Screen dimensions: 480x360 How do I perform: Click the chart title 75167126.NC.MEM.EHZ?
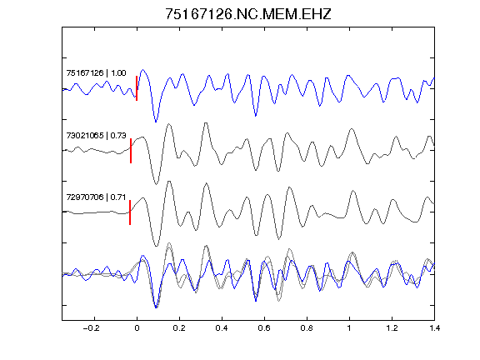248,14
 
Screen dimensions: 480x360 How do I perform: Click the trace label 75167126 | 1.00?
96,72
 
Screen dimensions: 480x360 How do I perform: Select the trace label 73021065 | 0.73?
96,135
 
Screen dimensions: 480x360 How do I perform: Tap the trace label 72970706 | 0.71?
96,197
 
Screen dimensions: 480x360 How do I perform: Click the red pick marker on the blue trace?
137,88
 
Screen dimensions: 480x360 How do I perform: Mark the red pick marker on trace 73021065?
131,151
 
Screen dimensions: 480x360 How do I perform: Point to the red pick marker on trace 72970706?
130,212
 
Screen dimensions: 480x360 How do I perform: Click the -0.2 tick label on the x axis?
91,328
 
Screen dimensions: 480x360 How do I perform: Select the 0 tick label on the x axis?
137,328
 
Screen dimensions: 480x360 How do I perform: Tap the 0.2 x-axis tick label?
179,328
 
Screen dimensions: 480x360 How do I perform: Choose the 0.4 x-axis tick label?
222,328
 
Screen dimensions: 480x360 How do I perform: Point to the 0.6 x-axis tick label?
264,328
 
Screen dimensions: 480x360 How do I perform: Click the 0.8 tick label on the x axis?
307,328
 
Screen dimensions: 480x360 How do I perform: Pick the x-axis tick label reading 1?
349,328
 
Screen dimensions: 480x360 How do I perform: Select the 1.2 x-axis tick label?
392,328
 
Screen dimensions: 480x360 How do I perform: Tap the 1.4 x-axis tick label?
434,328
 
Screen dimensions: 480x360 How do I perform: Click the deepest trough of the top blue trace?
156,122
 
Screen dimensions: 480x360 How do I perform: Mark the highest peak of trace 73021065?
206,123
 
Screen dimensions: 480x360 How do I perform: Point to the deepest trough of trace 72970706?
157,246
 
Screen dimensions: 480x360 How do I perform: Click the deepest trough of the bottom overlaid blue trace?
156,307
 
